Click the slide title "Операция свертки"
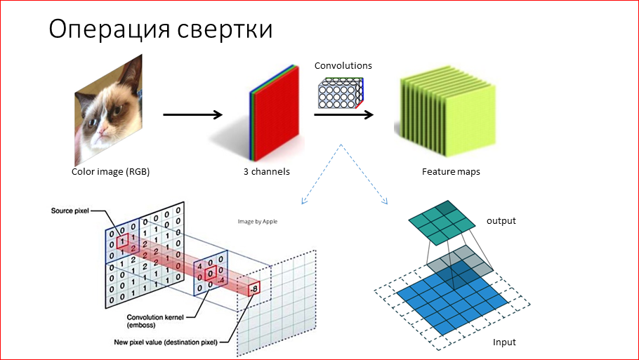point(160,29)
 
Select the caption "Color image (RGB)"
point(110,171)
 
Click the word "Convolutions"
point(343,66)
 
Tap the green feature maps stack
point(442,116)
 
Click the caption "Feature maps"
point(451,171)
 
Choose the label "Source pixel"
point(70,210)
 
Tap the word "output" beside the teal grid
point(501,221)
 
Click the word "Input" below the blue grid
point(504,342)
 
